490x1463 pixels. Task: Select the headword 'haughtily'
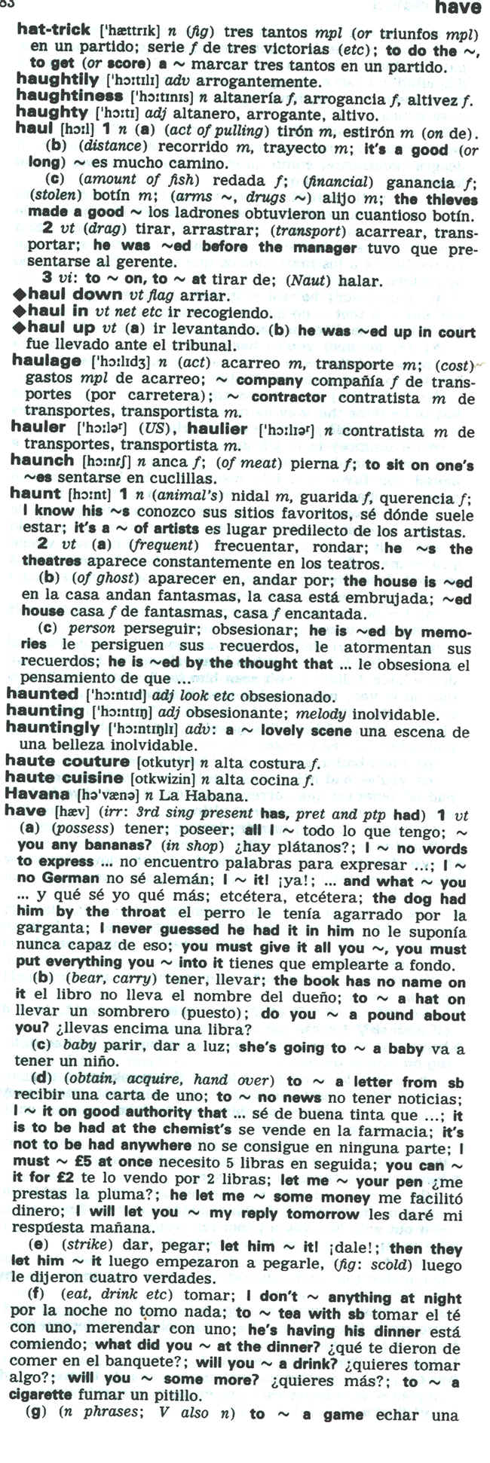pyautogui.click(x=57, y=81)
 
